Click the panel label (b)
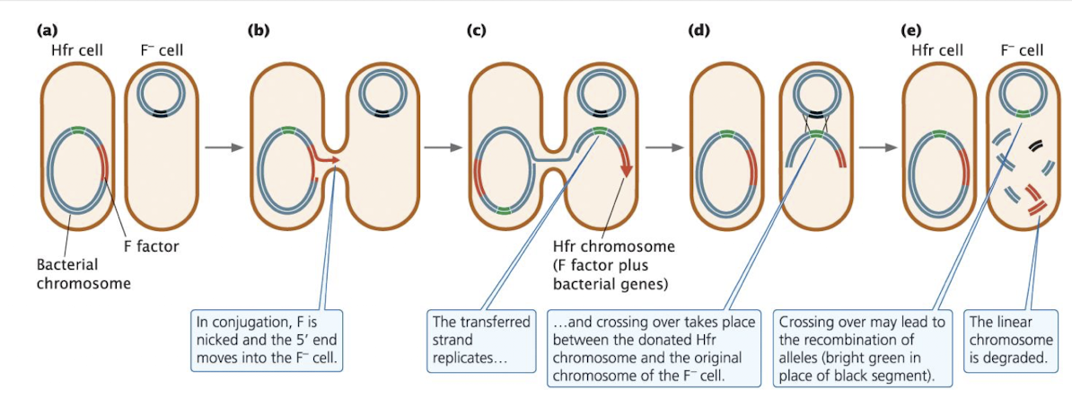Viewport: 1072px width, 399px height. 258,29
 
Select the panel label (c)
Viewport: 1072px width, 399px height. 477,29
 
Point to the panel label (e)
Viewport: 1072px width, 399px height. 910,29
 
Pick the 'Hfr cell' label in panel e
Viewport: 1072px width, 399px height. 937,50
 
